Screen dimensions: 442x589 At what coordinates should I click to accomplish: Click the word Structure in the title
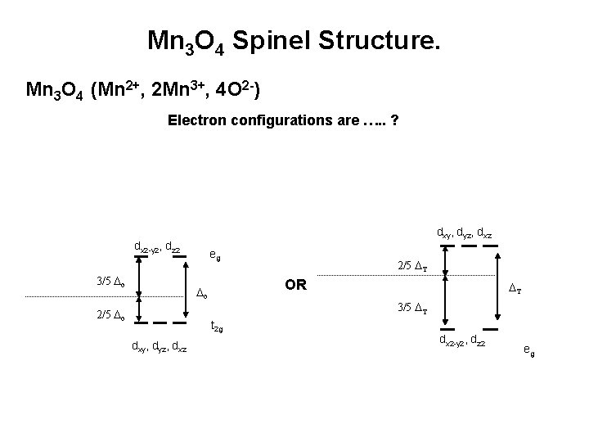[384, 39]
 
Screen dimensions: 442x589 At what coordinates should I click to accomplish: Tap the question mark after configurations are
[395, 120]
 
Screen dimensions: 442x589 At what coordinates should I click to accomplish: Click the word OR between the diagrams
[295, 286]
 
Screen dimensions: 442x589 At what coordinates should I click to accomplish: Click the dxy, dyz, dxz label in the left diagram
[160, 348]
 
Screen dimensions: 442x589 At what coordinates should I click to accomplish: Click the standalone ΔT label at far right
[516, 287]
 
